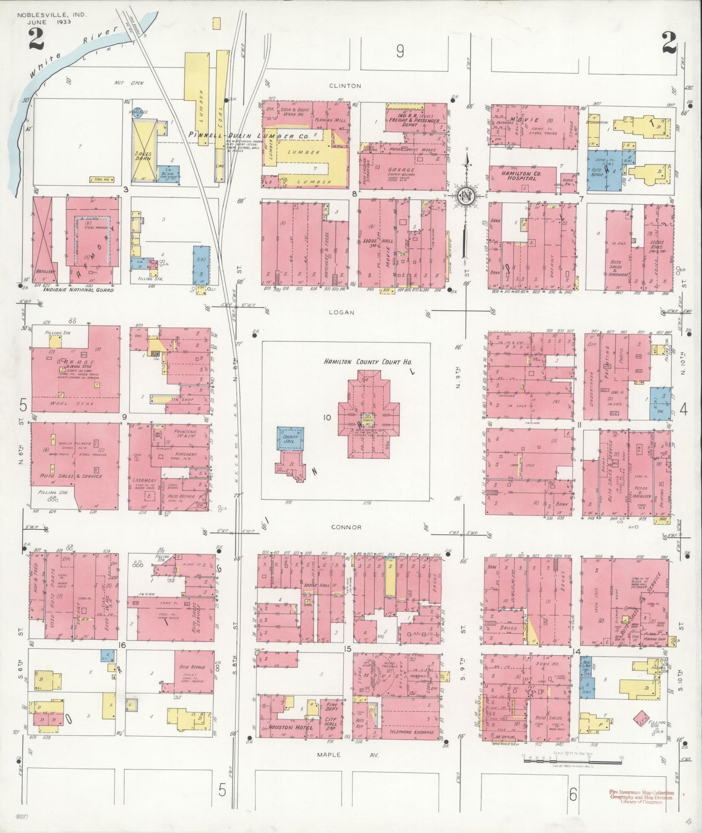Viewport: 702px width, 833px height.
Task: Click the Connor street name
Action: [347, 527]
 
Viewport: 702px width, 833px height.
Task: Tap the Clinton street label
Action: [348, 86]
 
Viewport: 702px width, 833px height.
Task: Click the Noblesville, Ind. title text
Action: [52, 15]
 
